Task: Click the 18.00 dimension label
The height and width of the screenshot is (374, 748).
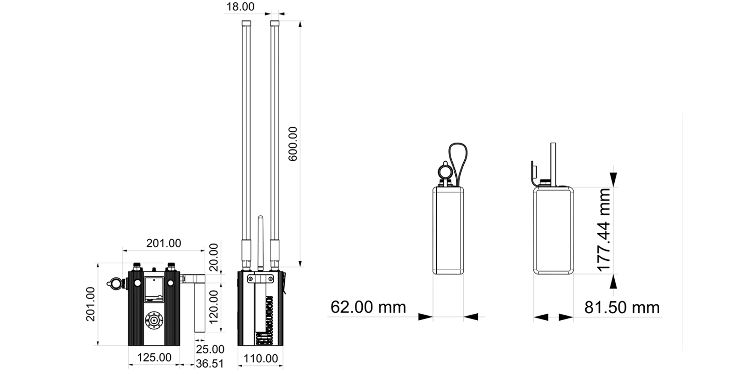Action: point(240,7)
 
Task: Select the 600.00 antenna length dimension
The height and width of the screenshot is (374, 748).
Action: point(293,144)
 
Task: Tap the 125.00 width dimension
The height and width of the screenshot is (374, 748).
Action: point(154,357)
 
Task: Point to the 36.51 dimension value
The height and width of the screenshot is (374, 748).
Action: point(210,364)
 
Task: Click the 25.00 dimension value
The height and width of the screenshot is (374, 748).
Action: point(210,349)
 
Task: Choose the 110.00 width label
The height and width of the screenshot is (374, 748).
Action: point(260,359)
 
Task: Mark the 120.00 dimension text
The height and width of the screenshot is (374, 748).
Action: point(213,307)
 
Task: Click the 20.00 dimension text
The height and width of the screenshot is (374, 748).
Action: point(213,258)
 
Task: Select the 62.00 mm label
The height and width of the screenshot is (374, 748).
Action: point(368,307)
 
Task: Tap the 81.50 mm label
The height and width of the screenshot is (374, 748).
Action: point(622,308)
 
